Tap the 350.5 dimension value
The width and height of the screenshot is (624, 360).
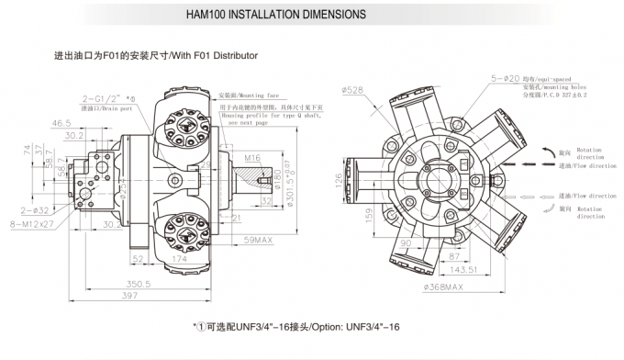pos(139,285)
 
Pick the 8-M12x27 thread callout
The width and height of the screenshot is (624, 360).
pos(33,221)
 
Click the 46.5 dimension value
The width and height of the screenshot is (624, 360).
pos(62,122)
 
